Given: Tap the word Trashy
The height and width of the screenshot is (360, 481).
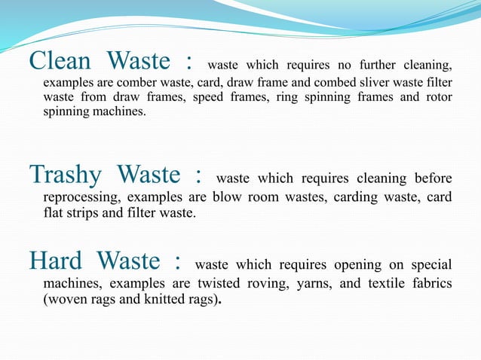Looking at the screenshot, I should [66, 176].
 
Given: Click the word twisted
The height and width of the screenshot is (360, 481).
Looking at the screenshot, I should [222, 282].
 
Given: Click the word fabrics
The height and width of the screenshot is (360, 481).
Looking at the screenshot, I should [430, 282].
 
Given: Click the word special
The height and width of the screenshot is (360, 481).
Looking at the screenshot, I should [430, 267].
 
